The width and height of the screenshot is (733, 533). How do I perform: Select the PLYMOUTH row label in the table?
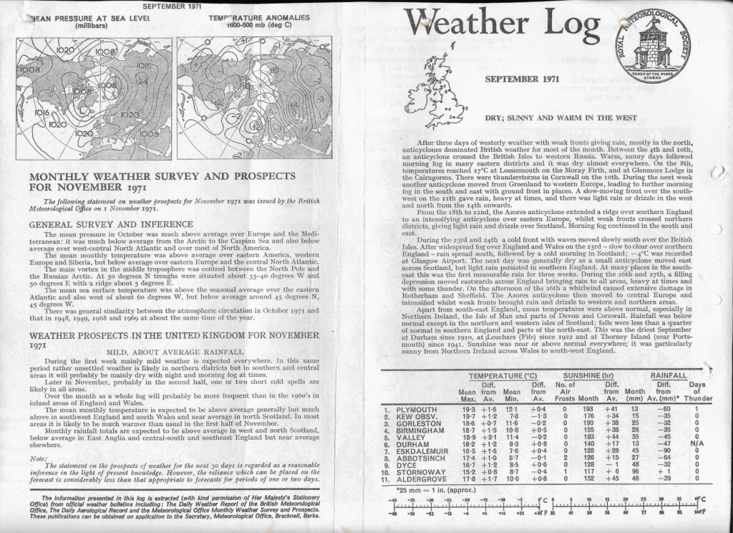pos(420,409)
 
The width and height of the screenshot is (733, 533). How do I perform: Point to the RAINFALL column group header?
pos(669,375)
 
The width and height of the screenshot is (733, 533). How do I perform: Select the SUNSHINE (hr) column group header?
pos(589,375)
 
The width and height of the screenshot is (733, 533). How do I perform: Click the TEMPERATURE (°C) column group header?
pos(503,375)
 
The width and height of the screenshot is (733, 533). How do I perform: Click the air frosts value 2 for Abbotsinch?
pos(565,458)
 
